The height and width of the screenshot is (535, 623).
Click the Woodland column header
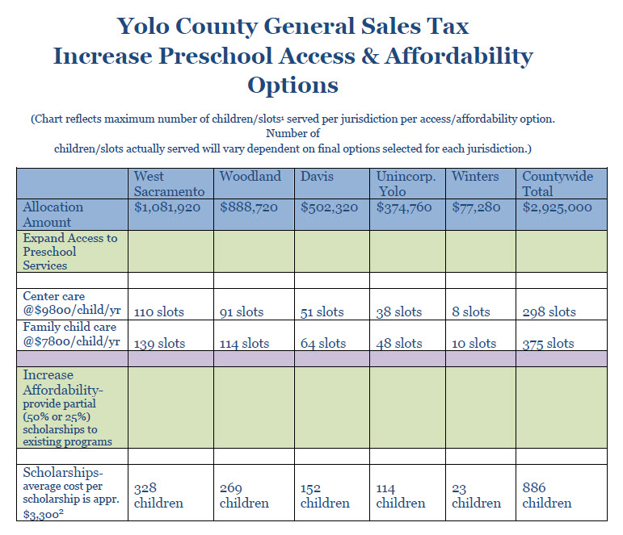pyautogui.click(x=250, y=176)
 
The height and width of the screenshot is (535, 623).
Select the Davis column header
pyautogui.click(x=318, y=176)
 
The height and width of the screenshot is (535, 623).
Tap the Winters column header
pyautogui.click(x=475, y=176)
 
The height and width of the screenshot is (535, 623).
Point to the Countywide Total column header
pyautogui.click(x=558, y=183)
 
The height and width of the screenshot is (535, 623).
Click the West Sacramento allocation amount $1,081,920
pyautogui.click(x=168, y=207)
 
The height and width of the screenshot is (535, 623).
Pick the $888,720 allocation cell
pyautogui.click(x=249, y=207)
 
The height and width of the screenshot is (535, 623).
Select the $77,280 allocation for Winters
pyautogui.click(x=476, y=207)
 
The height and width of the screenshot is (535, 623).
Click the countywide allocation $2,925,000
pyautogui.click(x=558, y=207)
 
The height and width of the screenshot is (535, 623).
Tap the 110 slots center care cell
pyautogui.click(x=159, y=311)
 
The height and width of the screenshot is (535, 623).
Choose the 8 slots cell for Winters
pyautogui.click(x=471, y=311)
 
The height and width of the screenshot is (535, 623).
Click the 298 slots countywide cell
pyautogui.click(x=549, y=311)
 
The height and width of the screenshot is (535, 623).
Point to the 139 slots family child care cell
pyautogui.click(x=159, y=343)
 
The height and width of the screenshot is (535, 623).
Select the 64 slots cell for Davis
pyautogui.click(x=322, y=343)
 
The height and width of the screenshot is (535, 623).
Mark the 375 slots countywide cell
pyautogui.click(x=549, y=343)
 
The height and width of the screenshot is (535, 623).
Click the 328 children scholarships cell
pyautogui.click(x=158, y=495)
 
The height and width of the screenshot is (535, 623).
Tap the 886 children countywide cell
pyautogui.click(x=547, y=495)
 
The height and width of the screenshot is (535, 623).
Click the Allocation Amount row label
pyautogui.click(x=53, y=215)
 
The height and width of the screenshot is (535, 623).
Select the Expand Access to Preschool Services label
pyautogui.click(x=69, y=252)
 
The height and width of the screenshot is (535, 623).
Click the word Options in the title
pyautogui.click(x=293, y=84)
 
